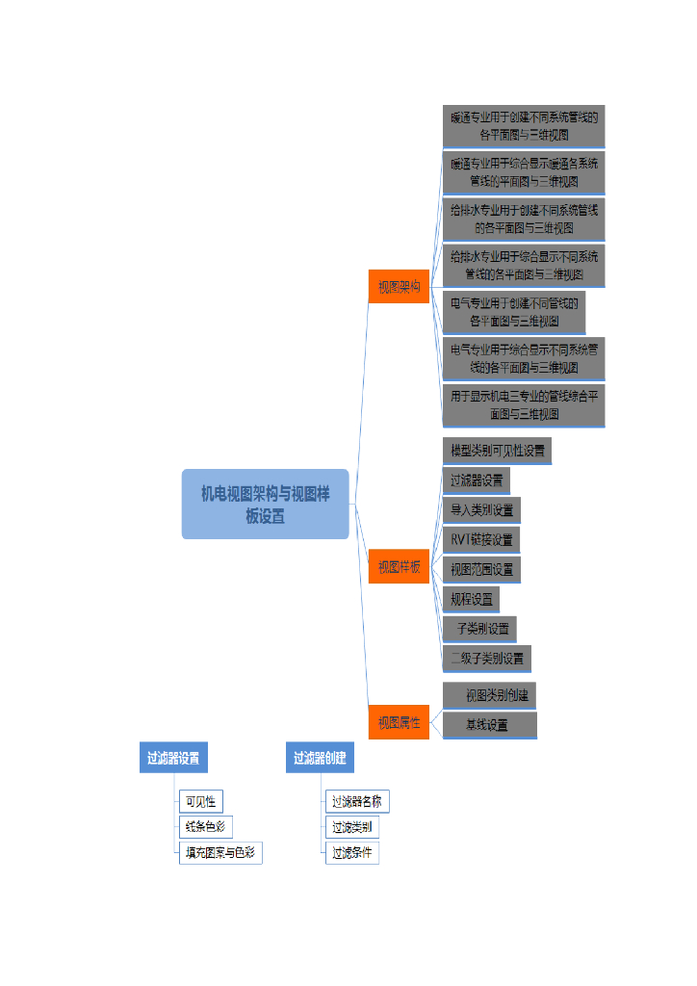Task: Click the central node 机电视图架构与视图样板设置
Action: point(265,504)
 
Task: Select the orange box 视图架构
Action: point(399,287)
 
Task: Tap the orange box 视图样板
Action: point(399,567)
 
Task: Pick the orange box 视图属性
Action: point(399,722)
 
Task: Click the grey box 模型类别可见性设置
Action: point(497,450)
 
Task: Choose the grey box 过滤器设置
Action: point(477,480)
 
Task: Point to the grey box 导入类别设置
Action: point(481,509)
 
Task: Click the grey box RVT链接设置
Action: point(481,539)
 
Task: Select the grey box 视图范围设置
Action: point(481,569)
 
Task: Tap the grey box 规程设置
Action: point(471,599)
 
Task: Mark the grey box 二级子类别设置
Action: point(486,659)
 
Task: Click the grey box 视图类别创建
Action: point(490,695)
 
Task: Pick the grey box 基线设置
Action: point(490,725)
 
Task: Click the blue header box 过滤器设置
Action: point(173,758)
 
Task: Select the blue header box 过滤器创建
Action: point(320,758)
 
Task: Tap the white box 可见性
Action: point(200,801)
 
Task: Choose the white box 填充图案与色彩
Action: point(220,853)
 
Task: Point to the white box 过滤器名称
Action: point(357,801)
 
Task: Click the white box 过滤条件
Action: point(351,853)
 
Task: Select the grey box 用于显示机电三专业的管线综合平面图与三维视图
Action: point(524,405)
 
